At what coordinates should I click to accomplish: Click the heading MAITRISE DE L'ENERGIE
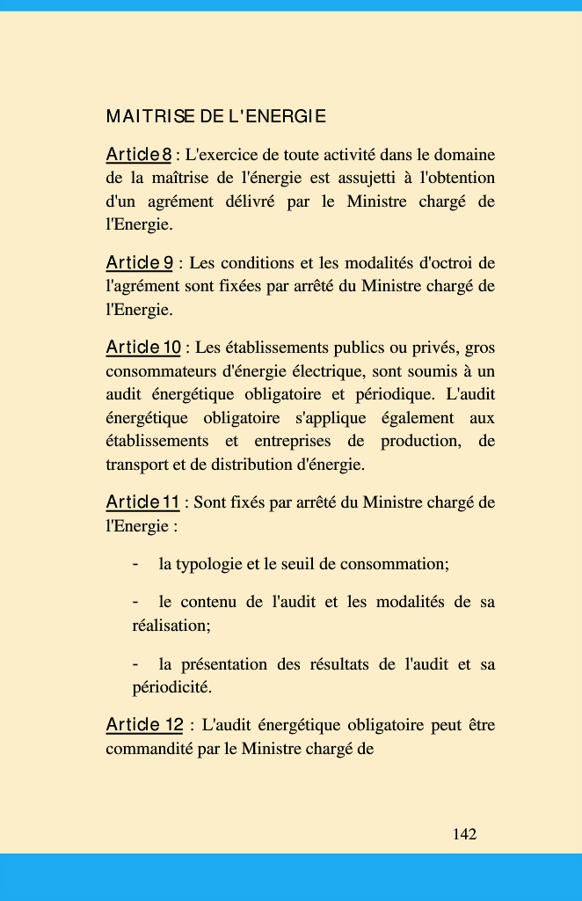215,116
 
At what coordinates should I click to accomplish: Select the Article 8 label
138,155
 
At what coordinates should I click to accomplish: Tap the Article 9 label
139,262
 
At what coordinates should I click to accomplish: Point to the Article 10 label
142,348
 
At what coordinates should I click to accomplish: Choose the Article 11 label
142,502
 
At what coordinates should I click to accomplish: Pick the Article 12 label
144,725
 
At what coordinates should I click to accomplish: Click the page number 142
464,833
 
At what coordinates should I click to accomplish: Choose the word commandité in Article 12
148,750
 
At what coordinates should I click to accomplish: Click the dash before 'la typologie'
135,563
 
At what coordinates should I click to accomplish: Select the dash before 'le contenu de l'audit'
135,602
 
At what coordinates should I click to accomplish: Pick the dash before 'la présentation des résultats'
135,663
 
